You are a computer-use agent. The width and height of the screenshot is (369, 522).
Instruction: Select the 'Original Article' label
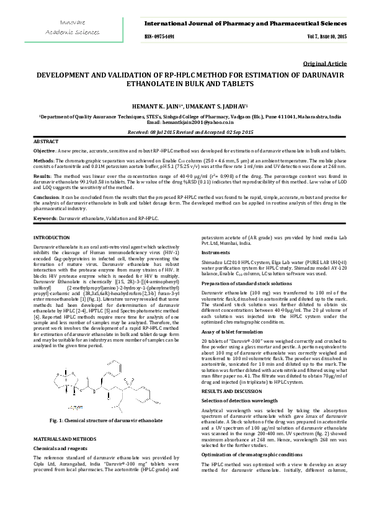325,64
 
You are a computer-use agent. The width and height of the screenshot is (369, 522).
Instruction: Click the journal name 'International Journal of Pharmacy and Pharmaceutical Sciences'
246,23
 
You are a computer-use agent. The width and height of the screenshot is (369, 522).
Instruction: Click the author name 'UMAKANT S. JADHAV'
219,106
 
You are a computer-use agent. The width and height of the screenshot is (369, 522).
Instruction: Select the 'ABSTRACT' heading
46,143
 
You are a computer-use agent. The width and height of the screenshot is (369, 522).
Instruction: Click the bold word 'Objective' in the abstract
44,151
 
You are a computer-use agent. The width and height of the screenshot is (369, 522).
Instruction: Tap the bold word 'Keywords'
46,218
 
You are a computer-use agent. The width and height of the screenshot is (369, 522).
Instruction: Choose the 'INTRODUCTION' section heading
51,238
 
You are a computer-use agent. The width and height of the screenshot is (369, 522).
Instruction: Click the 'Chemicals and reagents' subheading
58,447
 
